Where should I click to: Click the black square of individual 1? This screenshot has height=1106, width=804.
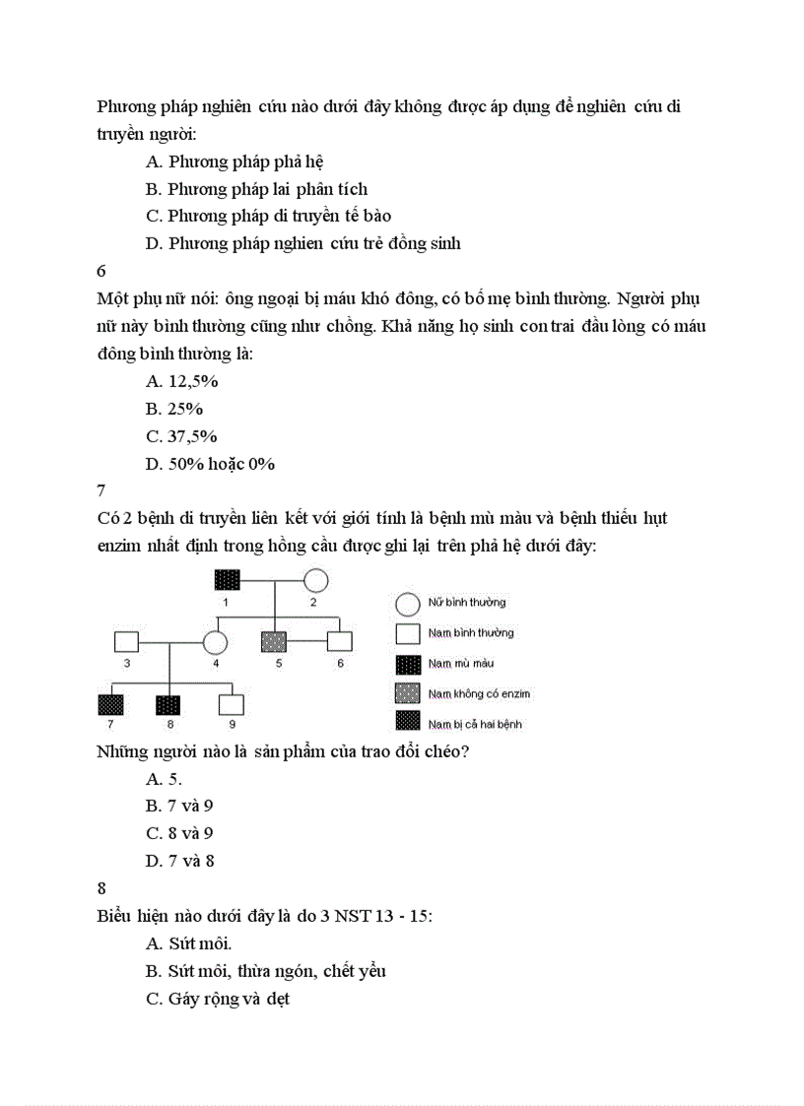pyautogui.click(x=228, y=581)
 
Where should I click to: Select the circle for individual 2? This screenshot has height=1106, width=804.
pyautogui.click(x=315, y=581)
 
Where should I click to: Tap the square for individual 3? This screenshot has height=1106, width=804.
pyautogui.click(x=126, y=642)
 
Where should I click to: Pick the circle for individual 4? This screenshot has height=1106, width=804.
pyautogui.click(x=215, y=642)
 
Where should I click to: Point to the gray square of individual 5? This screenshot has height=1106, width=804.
pyautogui.click(x=273, y=642)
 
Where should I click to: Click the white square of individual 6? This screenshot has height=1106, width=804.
pyautogui.click(x=339, y=642)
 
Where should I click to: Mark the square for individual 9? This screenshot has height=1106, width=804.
pyautogui.click(x=231, y=705)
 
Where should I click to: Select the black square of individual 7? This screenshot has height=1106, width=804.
pyautogui.click(x=110, y=705)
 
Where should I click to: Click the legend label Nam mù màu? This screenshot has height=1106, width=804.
pyautogui.click(x=461, y=664)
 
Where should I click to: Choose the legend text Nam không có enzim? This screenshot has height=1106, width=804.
pyautogui.click(x=479, y=694)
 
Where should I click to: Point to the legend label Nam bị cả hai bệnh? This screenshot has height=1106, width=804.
pyautogui.click(x=475, y=725)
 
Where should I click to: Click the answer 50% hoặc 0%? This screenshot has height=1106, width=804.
pyautogui.click(x=210, y=464)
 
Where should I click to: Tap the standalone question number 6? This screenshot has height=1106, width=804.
pyautogui.click(x=101, y=270)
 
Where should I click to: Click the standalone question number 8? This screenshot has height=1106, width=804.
pyautogui.click(x=101, y=888)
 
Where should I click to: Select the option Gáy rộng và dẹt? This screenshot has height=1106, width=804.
pyautogui.click(x=218, y=999)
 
